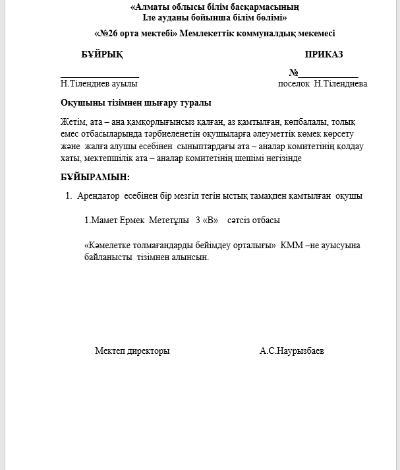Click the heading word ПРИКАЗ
pos(324,54)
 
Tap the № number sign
pos(293,73)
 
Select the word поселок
pos(294,84)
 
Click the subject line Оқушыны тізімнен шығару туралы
pos(136,103)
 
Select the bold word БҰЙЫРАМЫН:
pos(95,177)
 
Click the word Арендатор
pos(98,196)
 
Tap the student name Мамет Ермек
pos(118,220)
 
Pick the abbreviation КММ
pos(292,246)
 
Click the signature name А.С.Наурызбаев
pos(292,351)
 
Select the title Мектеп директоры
pos(132,351)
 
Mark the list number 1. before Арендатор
pos(69,196)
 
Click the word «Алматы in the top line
pos(150,7)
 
